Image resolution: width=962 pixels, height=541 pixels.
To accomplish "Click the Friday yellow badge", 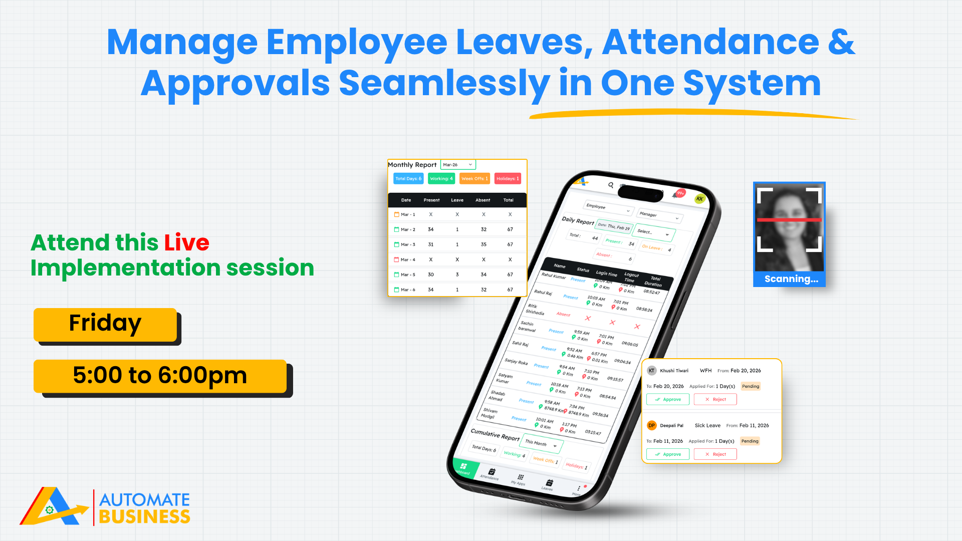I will tap(105, 324).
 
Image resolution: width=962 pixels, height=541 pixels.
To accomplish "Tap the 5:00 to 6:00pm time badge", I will tap(160, 376).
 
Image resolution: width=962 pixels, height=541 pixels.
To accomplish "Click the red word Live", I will tap(186, 243).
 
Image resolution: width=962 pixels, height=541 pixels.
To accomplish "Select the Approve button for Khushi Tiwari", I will tap(667, 399).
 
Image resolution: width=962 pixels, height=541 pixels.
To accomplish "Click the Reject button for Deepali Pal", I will tap(715, 454).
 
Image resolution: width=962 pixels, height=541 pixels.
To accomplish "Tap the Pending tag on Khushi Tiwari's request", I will tap(751, 386).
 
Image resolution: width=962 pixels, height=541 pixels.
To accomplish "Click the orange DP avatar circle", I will tap(651, 425).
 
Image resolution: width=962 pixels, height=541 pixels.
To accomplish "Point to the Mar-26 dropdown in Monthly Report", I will tap(457, 165).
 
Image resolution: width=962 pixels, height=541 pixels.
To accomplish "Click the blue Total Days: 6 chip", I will tap(408, 179).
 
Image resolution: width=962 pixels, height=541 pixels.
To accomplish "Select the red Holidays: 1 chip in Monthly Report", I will tap(508, 179).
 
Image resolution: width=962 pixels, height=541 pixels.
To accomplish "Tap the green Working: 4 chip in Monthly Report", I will tap(441, 179).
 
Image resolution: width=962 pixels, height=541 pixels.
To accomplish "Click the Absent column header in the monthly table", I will tap(483, 200).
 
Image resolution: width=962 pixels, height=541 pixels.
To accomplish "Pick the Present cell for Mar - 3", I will tap(431, 244).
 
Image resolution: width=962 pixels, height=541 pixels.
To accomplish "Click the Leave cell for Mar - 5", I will tap(457, 275).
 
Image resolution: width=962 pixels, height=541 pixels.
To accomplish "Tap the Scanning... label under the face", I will tap(791, 279).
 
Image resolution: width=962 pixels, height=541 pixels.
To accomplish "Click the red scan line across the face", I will tap(789, 220).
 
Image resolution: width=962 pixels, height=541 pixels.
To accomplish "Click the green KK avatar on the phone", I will tap(699, 199).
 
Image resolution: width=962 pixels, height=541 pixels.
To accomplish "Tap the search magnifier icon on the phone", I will tap(611, 185).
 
